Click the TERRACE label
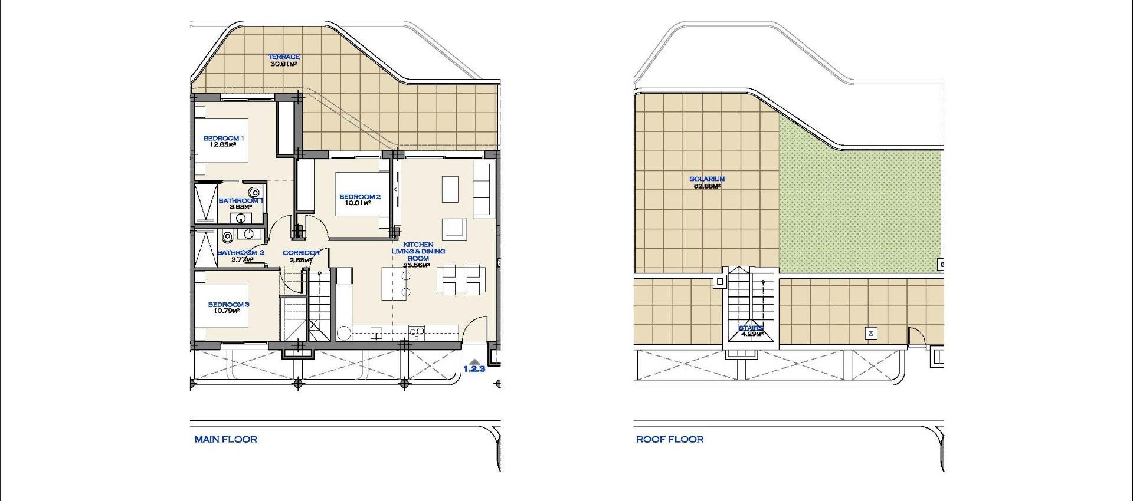coord(284,57)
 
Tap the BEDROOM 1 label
coord(224,138)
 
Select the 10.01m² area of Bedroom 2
coord(358,203)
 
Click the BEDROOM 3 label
coord(228,304)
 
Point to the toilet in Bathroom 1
coord(255,192)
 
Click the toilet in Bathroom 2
coord(227,237)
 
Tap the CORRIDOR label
coord(301,252)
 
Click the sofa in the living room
coord(482,190)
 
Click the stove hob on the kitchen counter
coord(417,333)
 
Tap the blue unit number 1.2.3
coord(474,369)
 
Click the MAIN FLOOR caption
coord(226,439)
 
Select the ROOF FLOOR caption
coord(670,439)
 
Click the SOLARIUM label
coord(707,179)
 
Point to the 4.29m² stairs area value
coord(752,334)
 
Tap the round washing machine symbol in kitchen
coord(344,334)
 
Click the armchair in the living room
coord(455,228)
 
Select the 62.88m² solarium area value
coord(707,186)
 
